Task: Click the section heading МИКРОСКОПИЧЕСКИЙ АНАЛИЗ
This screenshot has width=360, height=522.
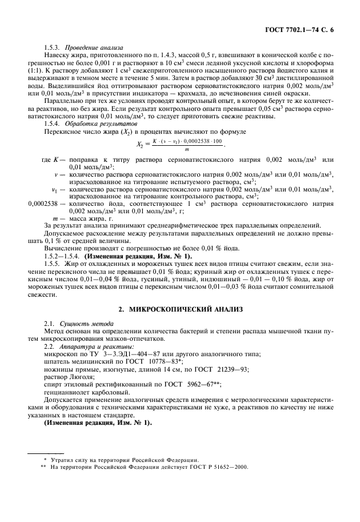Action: tap(182, 309)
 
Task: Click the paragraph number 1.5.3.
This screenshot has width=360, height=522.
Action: tap(53, 47)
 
